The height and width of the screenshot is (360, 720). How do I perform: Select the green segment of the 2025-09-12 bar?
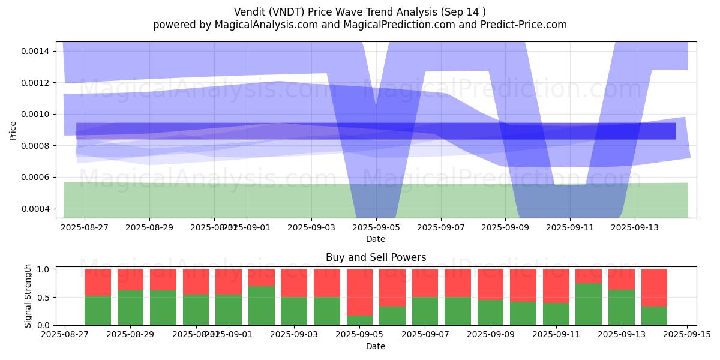[x=589, y=304]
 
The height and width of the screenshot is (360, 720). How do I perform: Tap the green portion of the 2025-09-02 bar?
[x=262, y=305]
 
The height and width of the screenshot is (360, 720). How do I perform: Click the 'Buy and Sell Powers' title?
[x=376, y=257]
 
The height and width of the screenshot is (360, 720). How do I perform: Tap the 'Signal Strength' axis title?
[x=28, y=296]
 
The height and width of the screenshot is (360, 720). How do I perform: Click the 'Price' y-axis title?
[x=13, y=130]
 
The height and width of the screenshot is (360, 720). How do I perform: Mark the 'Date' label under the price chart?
[x=376, y=239]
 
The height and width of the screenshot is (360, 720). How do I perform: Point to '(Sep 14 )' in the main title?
[x=463, y=11]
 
